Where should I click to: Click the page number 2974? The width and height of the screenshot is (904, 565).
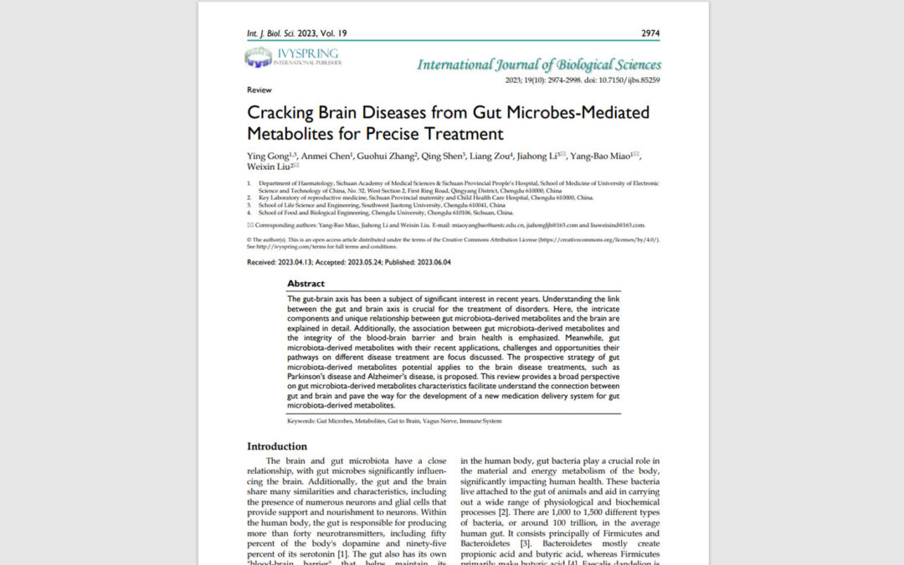point(650,33)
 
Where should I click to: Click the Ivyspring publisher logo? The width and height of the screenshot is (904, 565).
point(292,58)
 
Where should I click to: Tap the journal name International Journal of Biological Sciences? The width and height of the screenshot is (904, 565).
point(539,64)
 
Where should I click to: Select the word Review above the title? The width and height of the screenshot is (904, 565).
point(259,89)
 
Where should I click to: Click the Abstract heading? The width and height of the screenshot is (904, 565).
point(306,284)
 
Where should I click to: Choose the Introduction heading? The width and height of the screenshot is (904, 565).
point(277,446)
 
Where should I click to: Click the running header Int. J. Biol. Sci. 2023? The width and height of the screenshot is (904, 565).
point(283,33)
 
